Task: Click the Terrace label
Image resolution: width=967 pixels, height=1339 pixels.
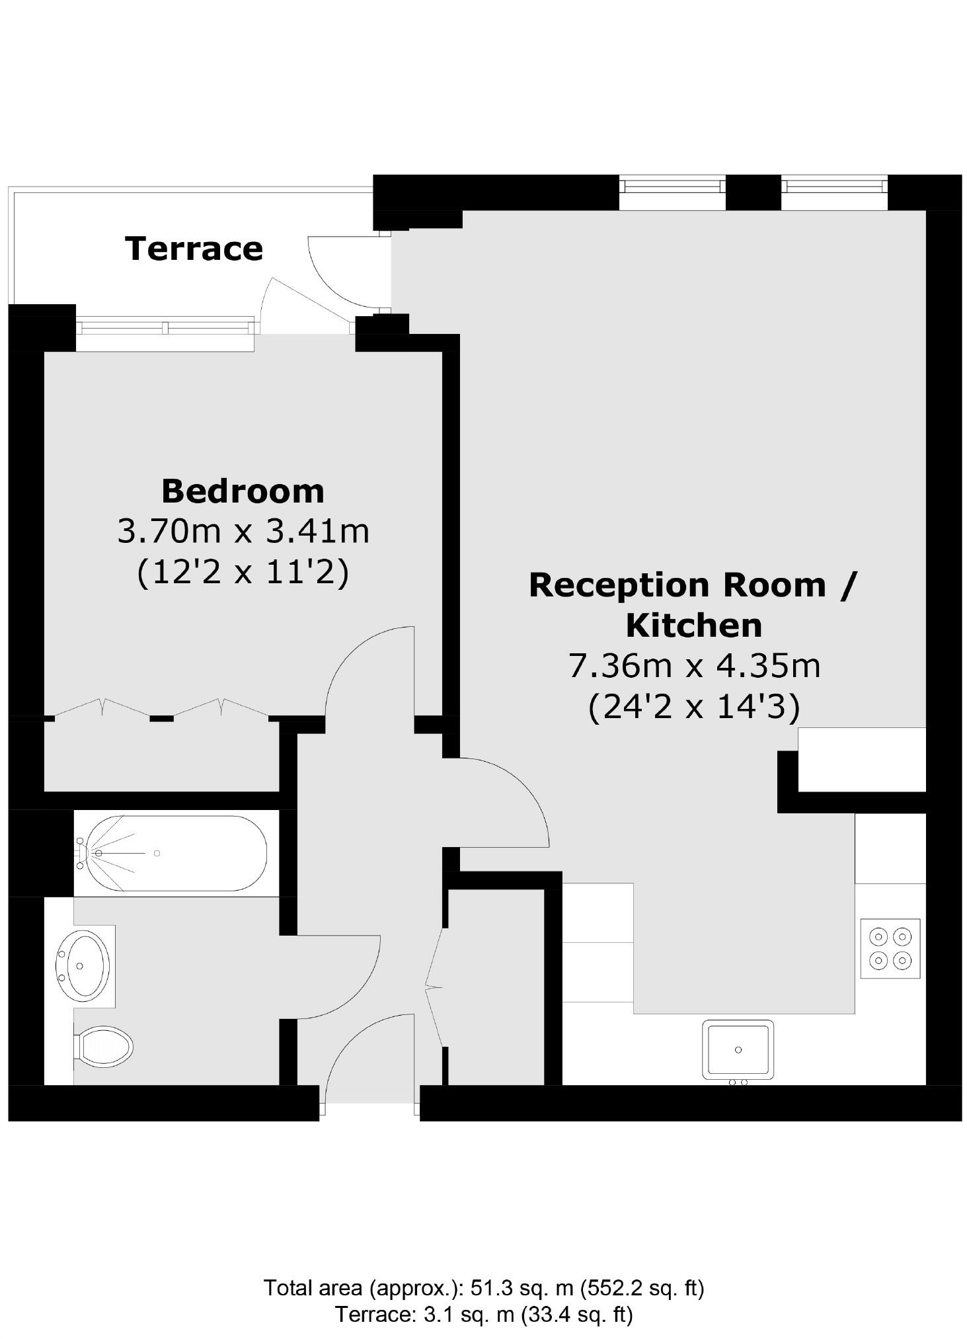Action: point(194,249)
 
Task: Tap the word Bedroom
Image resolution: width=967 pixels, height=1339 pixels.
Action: point(243,491)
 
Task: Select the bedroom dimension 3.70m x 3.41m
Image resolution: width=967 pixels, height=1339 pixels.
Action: point(243,531)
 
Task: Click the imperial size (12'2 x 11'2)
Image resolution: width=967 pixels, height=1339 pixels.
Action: point(243,572)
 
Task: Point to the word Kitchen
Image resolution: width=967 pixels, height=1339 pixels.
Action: point(693,626)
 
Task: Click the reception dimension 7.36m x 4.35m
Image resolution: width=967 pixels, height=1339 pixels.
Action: point(694,666)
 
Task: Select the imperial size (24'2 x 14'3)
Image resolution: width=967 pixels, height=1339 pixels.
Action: point(694,707)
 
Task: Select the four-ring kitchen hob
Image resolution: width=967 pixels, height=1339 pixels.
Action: point(890,948)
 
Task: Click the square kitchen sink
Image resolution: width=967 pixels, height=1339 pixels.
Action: point(737,1049)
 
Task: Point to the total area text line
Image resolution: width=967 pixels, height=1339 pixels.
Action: point(483,1287)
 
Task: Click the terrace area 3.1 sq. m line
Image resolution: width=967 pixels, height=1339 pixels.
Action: point(483,1315)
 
